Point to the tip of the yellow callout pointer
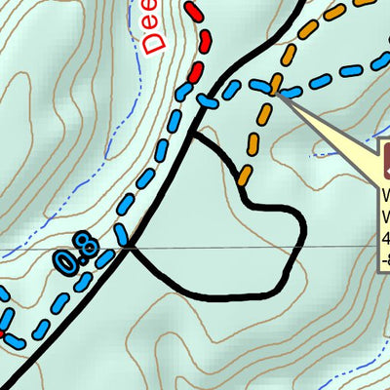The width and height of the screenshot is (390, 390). [277, 94]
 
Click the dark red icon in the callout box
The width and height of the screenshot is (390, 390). [386, 156]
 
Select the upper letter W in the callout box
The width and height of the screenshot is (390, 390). [386, 191]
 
